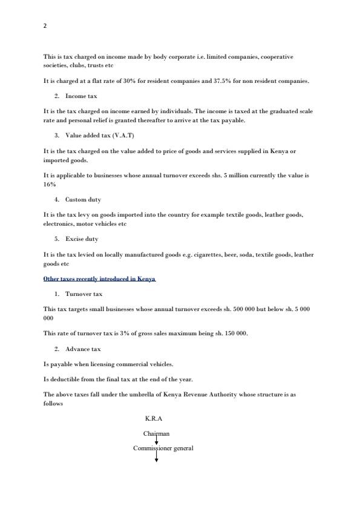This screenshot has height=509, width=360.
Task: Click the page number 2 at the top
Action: click(45, 26)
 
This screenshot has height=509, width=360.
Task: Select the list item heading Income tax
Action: click(81, 96)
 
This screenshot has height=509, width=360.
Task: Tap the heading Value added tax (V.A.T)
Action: click(100, 136)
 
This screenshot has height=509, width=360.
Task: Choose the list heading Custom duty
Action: click(83, 199)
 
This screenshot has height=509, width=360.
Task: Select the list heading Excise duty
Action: click(82, 239)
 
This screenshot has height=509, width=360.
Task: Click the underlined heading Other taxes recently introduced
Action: click(99, 279)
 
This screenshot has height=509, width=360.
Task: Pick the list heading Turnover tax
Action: click(83, 294)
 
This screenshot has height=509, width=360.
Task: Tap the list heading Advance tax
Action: click(83, 349)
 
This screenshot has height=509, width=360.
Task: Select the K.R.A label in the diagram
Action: click(154, 419)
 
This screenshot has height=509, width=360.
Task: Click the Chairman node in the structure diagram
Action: click(156, 433)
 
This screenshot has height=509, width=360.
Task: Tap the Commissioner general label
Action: click(163, 448)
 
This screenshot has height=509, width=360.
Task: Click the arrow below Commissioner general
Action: click(157, 458)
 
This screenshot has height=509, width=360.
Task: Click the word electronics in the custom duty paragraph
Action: click(57, 224)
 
